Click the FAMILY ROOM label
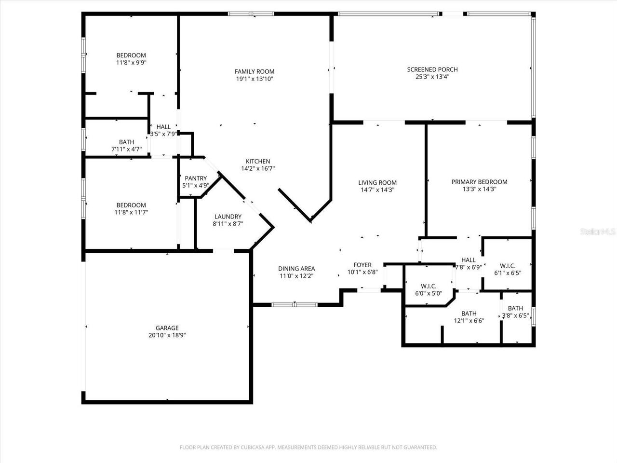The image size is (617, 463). pos(255,71)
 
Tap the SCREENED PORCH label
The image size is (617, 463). pos(432,69)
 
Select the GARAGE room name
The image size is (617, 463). pos(167,328)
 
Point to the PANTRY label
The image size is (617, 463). pos(195,178)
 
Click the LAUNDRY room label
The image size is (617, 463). pos(228,217)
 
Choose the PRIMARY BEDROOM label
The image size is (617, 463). pos(479,182)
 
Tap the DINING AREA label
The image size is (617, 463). pos(296,269)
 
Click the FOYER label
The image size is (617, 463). pos(362,265)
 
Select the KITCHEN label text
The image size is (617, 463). pos(258,162)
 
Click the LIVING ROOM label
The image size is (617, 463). pos(377,182)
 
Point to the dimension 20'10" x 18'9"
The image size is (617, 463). pos(167,335)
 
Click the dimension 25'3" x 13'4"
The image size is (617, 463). pos(432,77)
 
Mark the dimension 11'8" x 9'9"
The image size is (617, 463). pos(131,62)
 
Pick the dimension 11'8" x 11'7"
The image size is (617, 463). pos(131,212)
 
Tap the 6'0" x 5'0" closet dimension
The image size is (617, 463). pos(429,293)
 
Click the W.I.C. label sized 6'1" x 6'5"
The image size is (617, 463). pos(508,266)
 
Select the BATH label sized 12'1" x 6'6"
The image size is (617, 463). pos(469,313)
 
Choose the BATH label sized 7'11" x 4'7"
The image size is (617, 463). pos(126,142)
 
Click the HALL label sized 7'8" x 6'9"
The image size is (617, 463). pos(468,260)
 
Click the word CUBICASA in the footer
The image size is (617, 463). pos(249,448)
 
